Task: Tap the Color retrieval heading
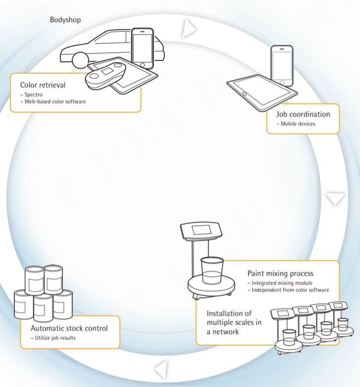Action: pos(43,85)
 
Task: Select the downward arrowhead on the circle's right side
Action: pos(336,199)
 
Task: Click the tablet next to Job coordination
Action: pos(262,91)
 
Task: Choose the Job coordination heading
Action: pos(303,114)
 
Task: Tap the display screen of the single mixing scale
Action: pos(202,231)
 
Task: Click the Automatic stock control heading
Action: pos(69,328)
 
